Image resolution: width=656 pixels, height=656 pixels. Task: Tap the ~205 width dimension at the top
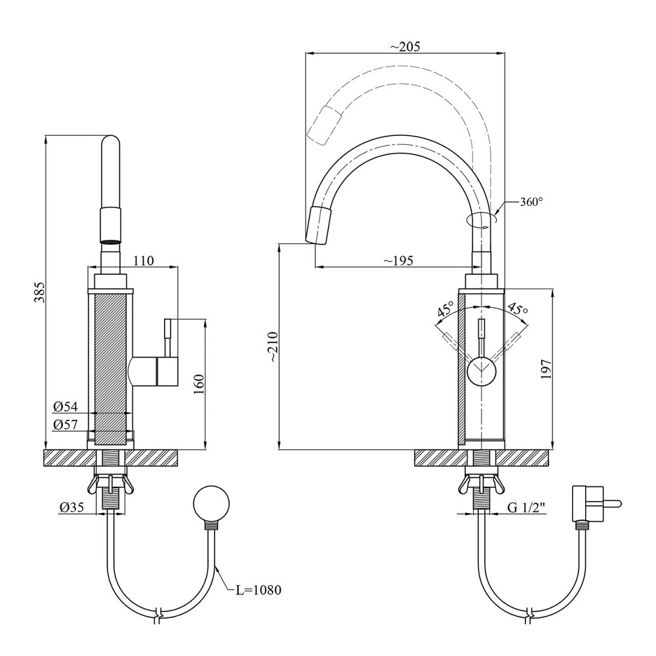[x=404, y=47]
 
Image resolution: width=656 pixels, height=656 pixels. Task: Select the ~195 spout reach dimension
[x=398, y=260]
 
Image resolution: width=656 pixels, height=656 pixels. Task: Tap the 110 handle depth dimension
[x=143, y=260]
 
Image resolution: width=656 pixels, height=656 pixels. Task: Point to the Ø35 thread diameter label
[x=72, y=506]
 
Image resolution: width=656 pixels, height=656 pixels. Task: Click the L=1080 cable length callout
[x=258, y=590]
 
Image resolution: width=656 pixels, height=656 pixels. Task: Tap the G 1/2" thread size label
[x=526, y=507]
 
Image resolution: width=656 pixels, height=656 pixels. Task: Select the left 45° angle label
[x=447, y=310]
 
